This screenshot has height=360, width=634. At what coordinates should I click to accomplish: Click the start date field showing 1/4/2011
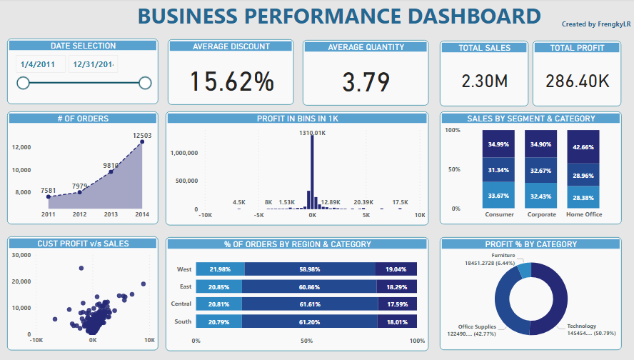[39, 64]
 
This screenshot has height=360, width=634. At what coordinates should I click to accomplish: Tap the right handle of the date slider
[145, 84]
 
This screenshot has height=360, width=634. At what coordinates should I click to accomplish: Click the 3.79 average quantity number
[366, 81]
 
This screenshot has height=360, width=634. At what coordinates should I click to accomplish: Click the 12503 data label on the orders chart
[142, 135]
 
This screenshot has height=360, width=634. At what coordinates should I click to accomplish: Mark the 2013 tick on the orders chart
[111, 214]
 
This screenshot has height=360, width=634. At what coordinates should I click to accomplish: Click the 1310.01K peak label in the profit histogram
[312, 133]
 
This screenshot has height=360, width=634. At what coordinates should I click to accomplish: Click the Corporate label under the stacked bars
[541, 214]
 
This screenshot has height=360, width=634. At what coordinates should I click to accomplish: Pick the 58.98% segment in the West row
[309, 269]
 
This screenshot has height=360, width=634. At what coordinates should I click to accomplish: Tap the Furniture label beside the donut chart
[503, 255]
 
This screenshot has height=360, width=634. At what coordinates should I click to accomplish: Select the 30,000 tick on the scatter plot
[21, 255]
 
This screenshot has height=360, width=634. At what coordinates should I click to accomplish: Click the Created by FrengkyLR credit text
[595, 24]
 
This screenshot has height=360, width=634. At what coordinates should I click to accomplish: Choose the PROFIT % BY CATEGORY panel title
[530, 244]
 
